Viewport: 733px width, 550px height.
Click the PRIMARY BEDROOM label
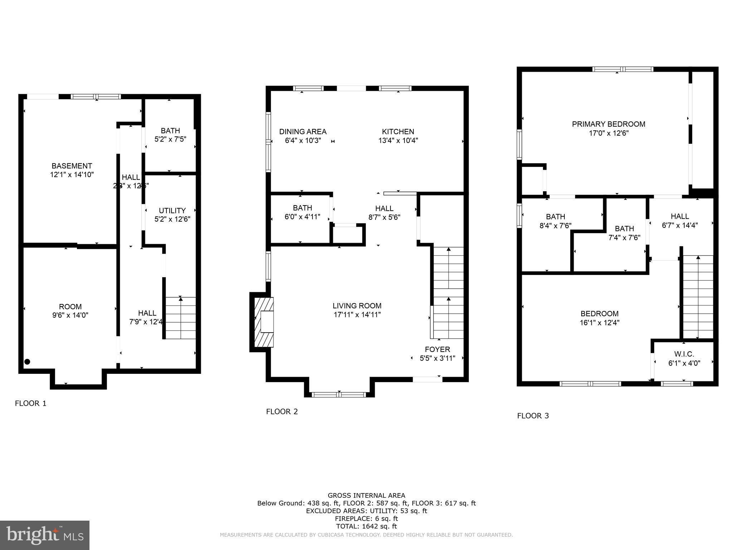pyautogui.click(x=608, y=124)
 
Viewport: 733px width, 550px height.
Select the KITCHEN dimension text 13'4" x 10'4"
pyautogui.click(x=398, y=141)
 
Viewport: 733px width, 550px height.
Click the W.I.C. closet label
pyautogui.click(x=684, y=354)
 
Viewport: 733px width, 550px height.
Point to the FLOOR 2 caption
pyautogui.click(x=282, y=412)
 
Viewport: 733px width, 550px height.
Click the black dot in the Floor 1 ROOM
pyautogui.click(x=27, y=362)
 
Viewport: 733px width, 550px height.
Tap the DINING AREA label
pyautogui.click(x=303, y=132)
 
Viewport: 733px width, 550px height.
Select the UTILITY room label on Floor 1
pyautogui.click(x=172, y=211)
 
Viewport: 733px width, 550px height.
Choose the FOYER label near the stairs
pyautogui.click(x=437, y=349)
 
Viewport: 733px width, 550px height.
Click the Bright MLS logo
pyautogui.click(x=45, y=535)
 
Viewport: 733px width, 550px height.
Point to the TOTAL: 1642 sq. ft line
pyautogui.click(x=366, y=526)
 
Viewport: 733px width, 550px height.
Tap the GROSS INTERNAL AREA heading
pyautogui.click(x=366, y=496)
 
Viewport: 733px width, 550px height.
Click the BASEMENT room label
pyautogui.click(x=72, y=166)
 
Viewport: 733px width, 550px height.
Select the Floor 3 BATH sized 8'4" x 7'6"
pyautogui.click(x=555, y=221)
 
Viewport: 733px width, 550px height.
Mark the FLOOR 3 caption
pyautogui.click(x=533, y=416)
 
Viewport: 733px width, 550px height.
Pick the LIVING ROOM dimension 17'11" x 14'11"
pyautogui.click(x=356, y=315)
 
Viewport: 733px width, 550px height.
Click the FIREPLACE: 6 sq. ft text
pyautogui.click(x=366, y=518)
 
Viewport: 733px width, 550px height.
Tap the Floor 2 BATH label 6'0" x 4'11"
pyautogui.click(x=302, y=212)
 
